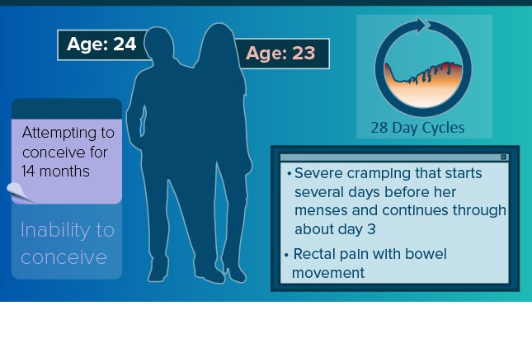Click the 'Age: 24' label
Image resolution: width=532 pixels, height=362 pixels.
(x=101, y=45)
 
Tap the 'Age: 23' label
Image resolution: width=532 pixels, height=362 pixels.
(x=280, y=54)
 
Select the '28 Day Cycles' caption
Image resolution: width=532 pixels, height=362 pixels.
(x=417, y=129)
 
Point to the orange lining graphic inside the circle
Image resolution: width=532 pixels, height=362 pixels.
(x=423, y=84)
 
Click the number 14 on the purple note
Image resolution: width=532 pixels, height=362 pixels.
(x=28, y=171)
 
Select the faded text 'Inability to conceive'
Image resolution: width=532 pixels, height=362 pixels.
(x=67, y=243)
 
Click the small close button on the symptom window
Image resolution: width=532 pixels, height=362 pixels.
(x=503, y=157)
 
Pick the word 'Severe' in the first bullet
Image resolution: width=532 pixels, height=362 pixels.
(x=318, y=173)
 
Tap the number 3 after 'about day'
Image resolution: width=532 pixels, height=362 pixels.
(x=371, y=229)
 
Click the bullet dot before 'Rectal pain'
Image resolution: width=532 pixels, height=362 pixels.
(x=286, y=255)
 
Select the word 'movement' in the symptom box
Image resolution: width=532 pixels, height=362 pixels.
(x=328, y=273)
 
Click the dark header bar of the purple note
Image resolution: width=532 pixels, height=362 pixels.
(x=67, y=109)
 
